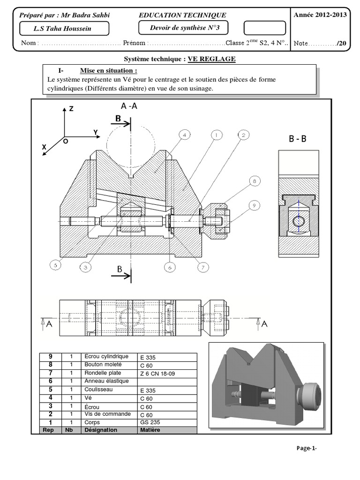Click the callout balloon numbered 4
tap(185, 135)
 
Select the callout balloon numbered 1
tap(216, 135)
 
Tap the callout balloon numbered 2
tap(243, 135)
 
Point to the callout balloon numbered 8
tap(254, 180)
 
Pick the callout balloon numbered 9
tap(254, 205)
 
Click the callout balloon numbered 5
tap(55, 265)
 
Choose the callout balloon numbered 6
tap(170, 267)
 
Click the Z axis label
tap(71, 108)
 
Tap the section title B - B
tap(298, 139)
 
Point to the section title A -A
tap(129, 106)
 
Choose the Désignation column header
tap(100, 430)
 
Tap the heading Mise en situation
tap(108, 71)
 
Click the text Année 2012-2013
tap(320, 15)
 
